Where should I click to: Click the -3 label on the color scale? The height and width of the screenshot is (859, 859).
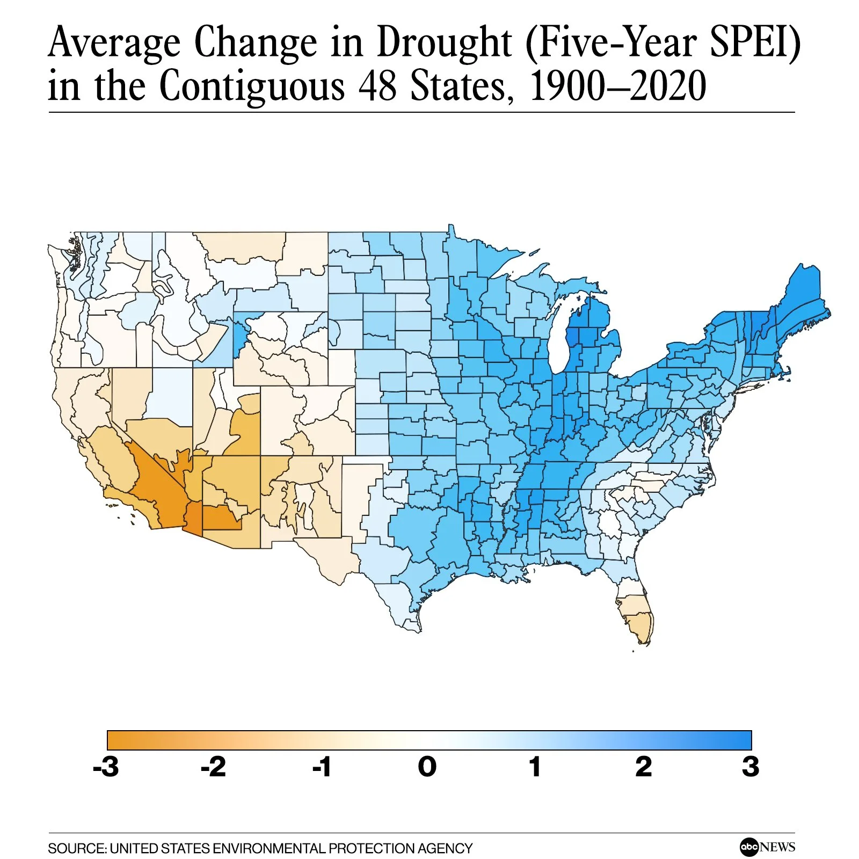click(x=106, y=767)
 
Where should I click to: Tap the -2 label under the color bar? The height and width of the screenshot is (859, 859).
click(x=214, y=767)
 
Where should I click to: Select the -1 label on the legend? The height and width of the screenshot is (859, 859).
click(x=322, y=767)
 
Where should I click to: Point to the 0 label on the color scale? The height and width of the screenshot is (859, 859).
click(x=427, y=767)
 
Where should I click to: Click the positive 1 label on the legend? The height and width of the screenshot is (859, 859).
click(x=535, y=767)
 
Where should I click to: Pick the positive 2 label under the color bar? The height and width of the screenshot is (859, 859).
click(x=643, y=767)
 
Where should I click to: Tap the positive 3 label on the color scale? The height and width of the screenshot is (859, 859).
click(x=751, y=767)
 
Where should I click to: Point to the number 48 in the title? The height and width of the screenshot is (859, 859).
click(x=379, y=86)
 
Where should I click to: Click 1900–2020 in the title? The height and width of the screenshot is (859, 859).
click(x=617, y=86)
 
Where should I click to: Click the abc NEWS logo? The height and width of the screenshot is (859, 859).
click(x=767, y=847)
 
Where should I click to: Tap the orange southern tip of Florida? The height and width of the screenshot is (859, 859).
click(x=642, y=628)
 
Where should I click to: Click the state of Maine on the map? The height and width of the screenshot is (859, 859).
click(x=800, y=301)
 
